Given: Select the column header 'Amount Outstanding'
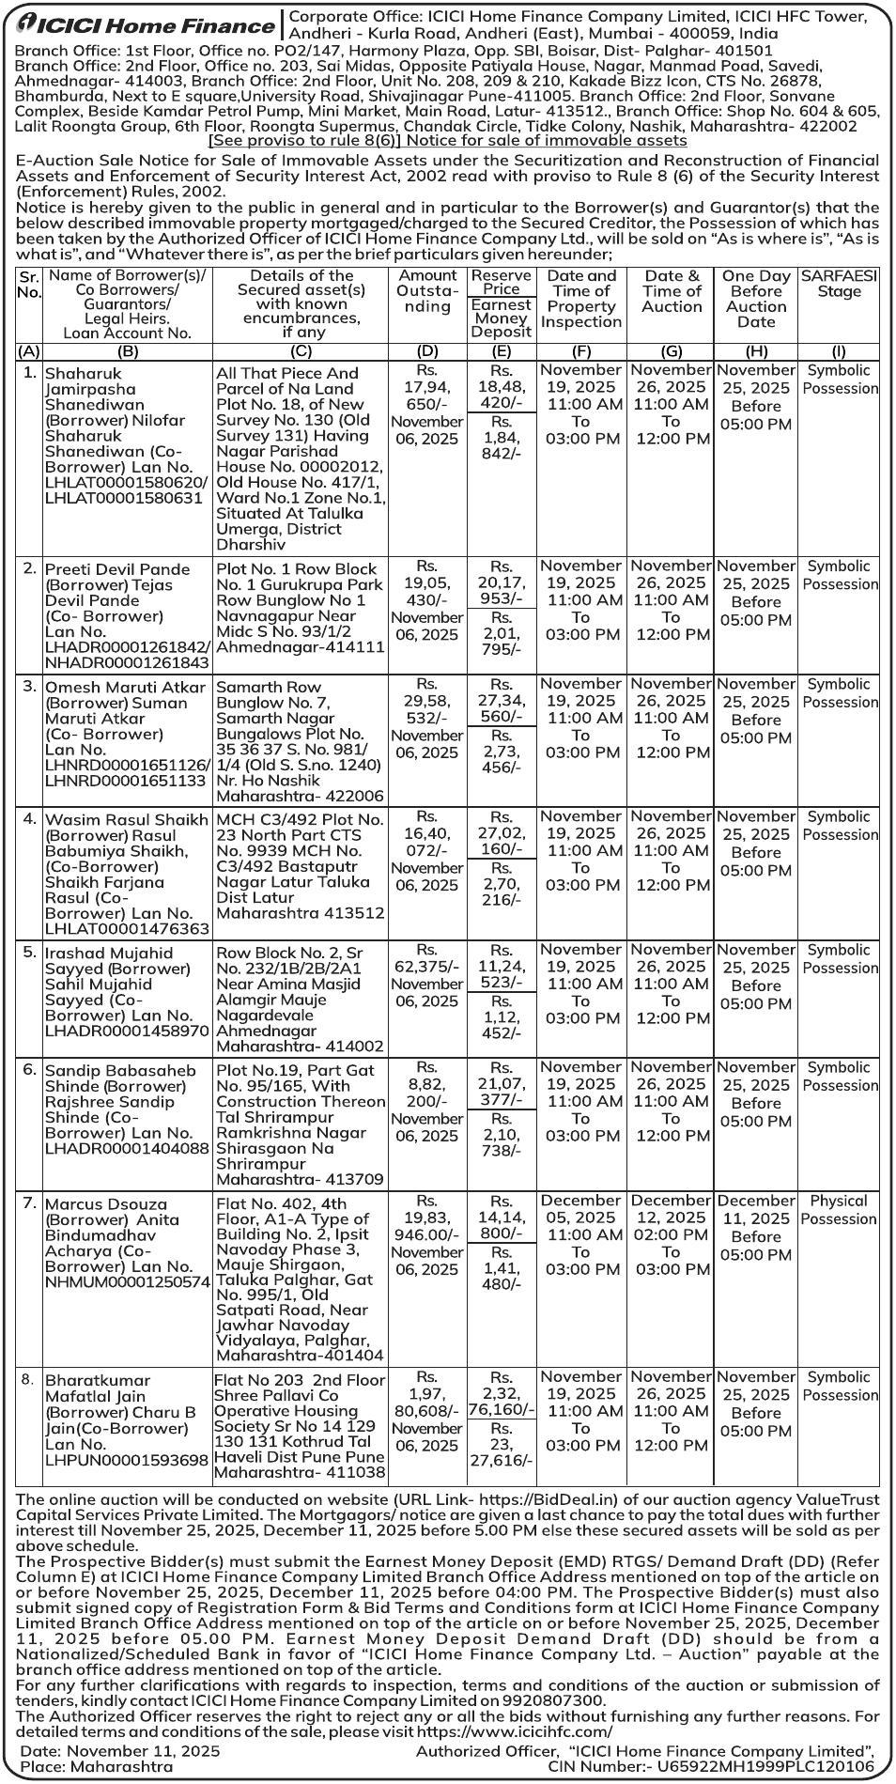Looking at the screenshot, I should point(427,291).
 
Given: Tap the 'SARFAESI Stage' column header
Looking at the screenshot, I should point(839,284).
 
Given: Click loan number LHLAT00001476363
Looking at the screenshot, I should point(127,929).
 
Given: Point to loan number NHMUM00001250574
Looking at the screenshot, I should point(127,1281).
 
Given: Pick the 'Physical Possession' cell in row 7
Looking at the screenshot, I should point(838,1210).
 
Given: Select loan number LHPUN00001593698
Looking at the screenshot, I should point(127,1461).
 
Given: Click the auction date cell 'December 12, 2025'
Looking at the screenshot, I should point(671,1209).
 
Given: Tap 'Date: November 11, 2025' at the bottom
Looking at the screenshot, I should point(120,1751).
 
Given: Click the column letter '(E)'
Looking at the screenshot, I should point(502,351).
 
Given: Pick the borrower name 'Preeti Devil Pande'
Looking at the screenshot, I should point(117,569).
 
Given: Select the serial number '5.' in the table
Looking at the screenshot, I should point(29,952).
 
